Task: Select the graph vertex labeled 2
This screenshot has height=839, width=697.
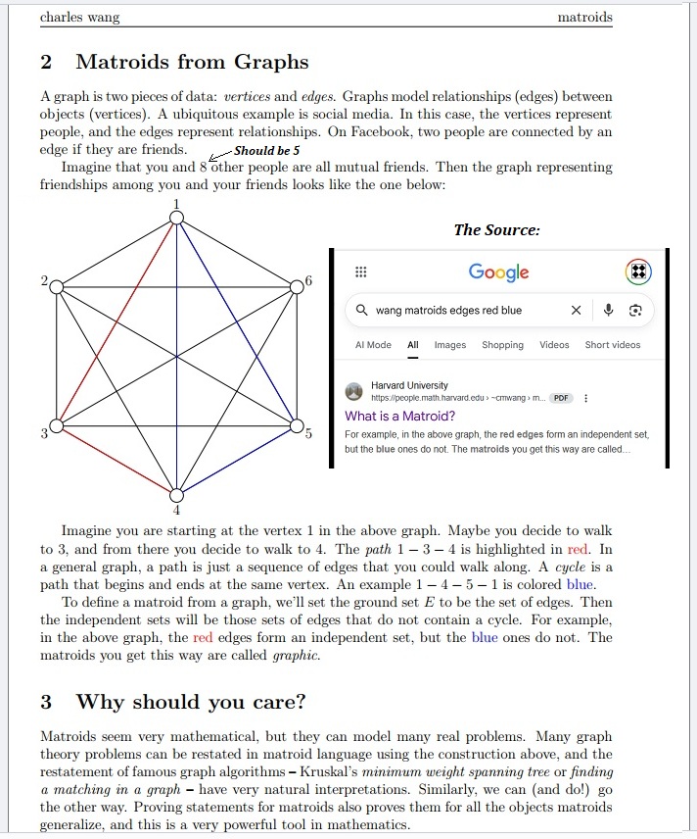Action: [57, 286]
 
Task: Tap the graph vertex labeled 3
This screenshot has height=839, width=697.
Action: [57, 426]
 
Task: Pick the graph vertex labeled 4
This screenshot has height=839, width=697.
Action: [176, 495]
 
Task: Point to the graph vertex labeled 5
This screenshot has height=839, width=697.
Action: [296, 426]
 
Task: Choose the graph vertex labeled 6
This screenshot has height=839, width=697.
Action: [296, 286]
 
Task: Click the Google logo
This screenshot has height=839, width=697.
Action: [498, 272]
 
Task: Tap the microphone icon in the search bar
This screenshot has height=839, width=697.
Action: [608, 311]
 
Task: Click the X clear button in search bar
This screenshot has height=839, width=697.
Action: [577, 311]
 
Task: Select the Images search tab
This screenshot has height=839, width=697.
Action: [450, 345]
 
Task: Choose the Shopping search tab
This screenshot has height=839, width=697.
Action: [502, 345]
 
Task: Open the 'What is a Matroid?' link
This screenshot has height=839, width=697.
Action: [399, 416]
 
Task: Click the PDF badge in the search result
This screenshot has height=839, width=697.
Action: [560, 399]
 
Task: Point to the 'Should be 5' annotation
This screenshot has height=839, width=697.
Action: [266, 151]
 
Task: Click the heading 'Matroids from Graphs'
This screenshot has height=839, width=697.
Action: [192, 62]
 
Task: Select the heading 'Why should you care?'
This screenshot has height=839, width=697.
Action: [191, 702]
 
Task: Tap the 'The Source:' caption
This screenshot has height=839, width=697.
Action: [496, 229]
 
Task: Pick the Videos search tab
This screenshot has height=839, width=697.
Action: [554, 345]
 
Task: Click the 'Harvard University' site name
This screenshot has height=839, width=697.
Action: [409, 386]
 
